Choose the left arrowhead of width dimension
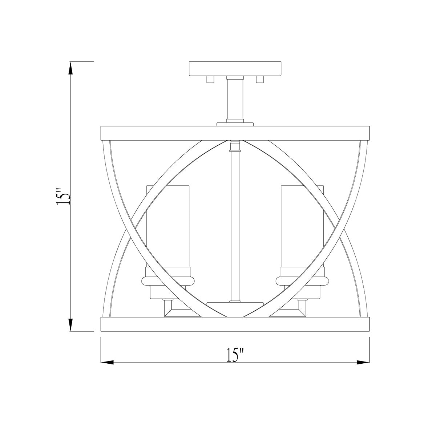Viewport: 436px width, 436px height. [108, 362]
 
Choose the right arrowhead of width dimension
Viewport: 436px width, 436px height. [363, 362]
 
